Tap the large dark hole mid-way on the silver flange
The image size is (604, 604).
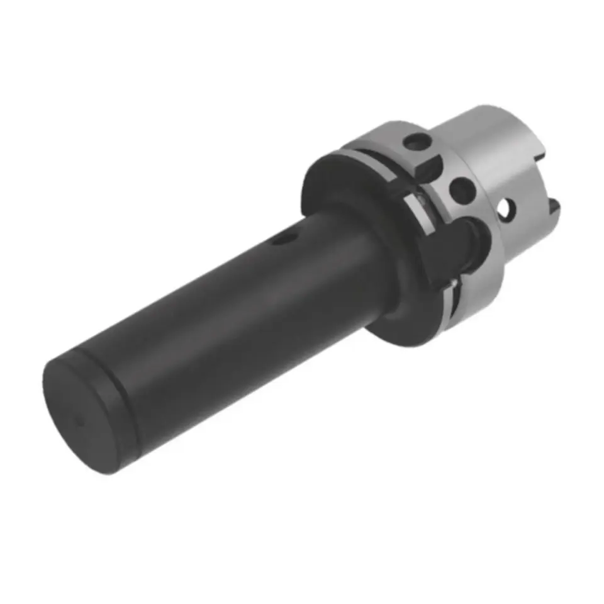point(462,189)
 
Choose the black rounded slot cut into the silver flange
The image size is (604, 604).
point(462,245)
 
